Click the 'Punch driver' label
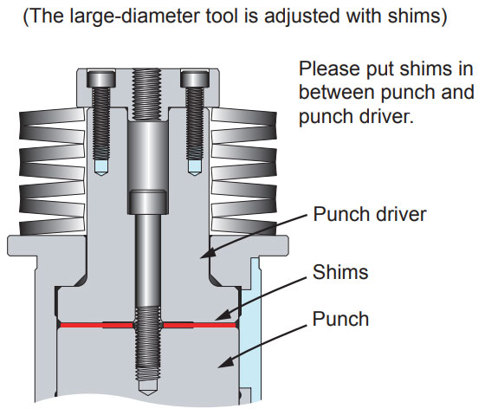370,213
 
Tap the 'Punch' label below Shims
339,318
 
